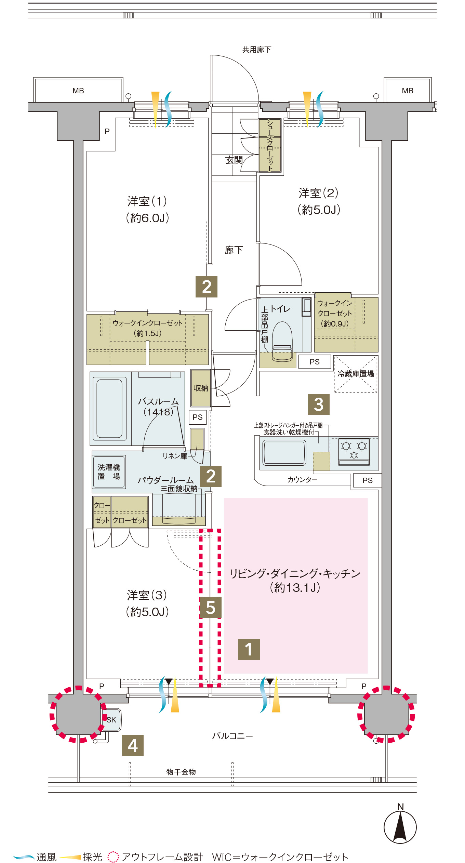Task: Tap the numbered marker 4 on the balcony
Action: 133,746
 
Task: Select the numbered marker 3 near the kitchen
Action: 319,404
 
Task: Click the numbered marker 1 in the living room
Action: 249,649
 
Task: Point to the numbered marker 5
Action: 211,608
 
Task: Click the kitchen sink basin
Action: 284,452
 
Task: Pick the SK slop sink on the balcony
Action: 111,719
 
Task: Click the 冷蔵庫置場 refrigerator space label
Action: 356,374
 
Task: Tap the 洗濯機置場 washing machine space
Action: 109,472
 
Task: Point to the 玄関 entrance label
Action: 234,160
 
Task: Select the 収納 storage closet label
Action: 201,388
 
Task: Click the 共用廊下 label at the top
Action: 257,50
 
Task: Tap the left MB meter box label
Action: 78,91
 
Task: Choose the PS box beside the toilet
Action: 315,362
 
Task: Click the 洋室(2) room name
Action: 318,193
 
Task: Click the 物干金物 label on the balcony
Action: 181,772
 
